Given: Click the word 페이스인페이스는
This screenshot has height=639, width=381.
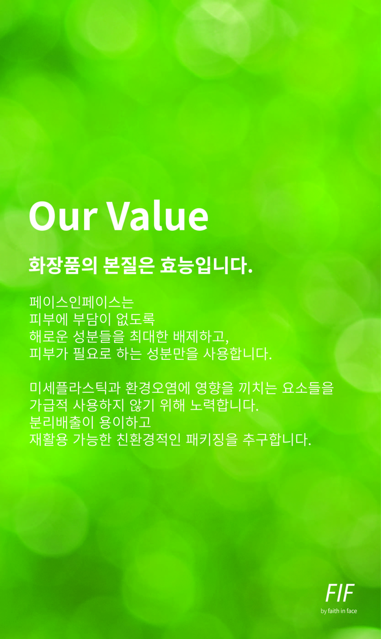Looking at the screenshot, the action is [82, 302].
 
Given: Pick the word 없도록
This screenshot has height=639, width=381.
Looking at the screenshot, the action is [136, 319].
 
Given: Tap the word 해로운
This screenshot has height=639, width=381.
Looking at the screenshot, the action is [48, 336].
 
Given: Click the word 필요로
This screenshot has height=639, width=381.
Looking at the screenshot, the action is [92, 354].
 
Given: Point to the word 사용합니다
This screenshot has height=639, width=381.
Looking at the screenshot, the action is [237, 354].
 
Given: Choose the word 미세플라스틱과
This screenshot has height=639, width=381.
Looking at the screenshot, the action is [75, 388].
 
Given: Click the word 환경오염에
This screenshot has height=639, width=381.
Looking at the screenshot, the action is [158, 388].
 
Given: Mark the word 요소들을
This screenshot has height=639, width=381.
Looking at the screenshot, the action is [308, 388].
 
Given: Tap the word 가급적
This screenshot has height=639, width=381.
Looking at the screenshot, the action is [48, 405].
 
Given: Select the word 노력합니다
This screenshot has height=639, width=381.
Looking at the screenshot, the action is [224, 405].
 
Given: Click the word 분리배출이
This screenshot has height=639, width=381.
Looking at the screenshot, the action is [62, 422].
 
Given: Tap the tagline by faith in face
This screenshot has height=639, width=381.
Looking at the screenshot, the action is [339, 611].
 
